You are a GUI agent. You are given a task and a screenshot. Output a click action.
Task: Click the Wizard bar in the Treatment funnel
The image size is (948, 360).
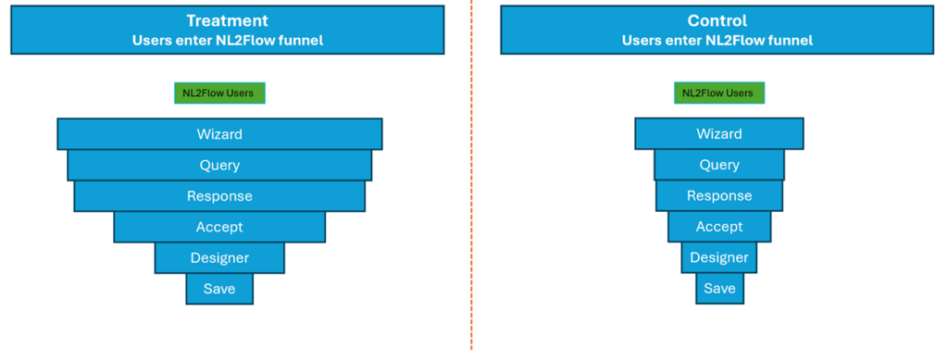tap(219, 134)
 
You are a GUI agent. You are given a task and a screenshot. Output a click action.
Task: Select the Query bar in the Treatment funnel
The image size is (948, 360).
tap(219, 166)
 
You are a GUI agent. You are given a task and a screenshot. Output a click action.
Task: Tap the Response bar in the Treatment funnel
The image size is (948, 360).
tap(219, 196)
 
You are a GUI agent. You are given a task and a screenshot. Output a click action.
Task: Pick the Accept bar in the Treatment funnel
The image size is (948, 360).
tap(219, 227)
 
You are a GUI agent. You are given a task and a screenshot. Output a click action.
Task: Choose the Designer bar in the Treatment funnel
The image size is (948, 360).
tap(219, 258)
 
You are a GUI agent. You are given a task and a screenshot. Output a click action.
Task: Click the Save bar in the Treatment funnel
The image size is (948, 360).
tap(219, 289)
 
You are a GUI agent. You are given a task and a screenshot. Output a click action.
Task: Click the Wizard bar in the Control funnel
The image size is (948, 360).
tap(719, 134)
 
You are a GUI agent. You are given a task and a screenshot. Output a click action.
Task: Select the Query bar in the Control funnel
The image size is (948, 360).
tap(719, 166)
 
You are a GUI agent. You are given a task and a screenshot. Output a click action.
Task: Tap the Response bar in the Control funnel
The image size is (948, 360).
tap(719, 196)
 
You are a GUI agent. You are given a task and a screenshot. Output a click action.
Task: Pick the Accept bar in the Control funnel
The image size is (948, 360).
tap(719, 227)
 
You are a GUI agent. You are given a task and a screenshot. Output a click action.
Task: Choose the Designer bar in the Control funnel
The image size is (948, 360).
tap(719, 258)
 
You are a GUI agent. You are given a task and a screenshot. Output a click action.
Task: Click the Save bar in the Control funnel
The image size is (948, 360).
tap(719, 289)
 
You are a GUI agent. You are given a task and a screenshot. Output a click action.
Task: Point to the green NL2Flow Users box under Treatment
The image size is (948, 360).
tap(219, 93)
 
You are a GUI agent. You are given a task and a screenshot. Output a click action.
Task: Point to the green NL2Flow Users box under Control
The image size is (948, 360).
tap(719, 93)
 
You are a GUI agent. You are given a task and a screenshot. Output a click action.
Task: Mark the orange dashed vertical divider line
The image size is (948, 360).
tap(471, 185)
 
